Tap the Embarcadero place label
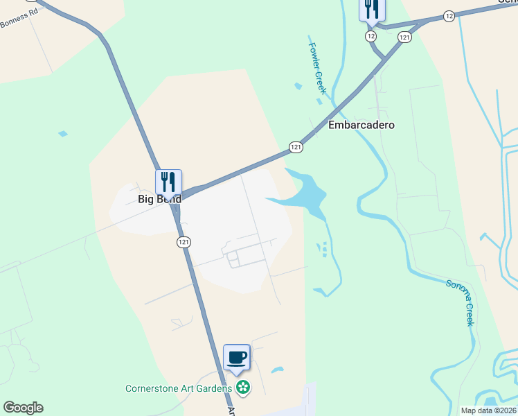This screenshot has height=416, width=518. coord(361,125)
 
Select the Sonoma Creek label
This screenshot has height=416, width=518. coord(461,303)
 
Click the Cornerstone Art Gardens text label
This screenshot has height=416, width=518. coord(178,388)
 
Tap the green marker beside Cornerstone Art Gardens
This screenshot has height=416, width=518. coord(243,388)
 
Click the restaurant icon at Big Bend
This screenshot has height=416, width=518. coord(168,182)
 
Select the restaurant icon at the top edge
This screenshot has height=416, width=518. coord(372,9)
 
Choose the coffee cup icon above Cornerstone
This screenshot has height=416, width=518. coord(237,357)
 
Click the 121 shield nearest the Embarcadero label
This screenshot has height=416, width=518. coord(296,147)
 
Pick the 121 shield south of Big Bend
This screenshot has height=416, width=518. coord(183,242)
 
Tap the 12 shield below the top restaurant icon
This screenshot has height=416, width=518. coord(371,35)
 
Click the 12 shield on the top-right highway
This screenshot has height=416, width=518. coord(449,15)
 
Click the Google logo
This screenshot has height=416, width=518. coord(23,408)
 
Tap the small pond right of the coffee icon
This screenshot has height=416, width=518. coord(277,370)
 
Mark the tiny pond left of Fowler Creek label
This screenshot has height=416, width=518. coord(298,86)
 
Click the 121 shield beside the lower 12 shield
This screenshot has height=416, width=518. coord(404,35)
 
